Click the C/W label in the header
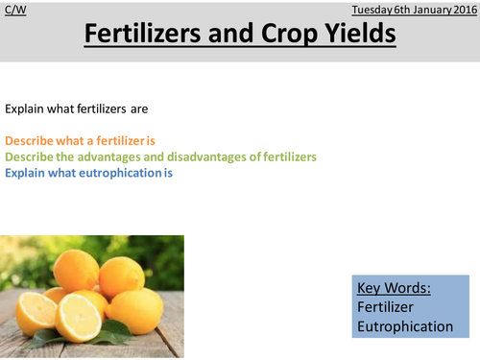click(x=12, y=7)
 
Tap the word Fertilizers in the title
click(x=155, y=35)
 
